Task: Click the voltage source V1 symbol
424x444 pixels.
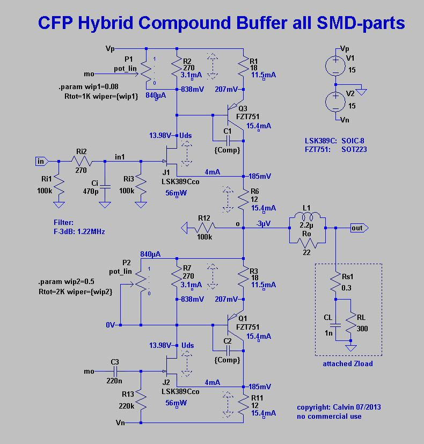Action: (x=336, y=65)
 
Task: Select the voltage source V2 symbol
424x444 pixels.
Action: (x=336, y=101)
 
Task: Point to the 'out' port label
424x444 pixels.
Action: (x=357, y=228)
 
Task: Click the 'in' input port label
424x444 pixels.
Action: (x=41, y=161)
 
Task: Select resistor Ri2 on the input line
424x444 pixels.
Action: (x=81, y=161)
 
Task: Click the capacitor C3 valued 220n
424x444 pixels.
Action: (x=115, y=371)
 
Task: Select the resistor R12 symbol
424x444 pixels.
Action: (x=204, y=228)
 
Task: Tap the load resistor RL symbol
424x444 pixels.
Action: (x=350, y=323)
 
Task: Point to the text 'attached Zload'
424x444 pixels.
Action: (x=347, y=363)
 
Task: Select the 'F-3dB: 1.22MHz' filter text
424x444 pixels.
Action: (x=79, y=231)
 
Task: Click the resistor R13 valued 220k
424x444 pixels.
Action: (x=141, y=400)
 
